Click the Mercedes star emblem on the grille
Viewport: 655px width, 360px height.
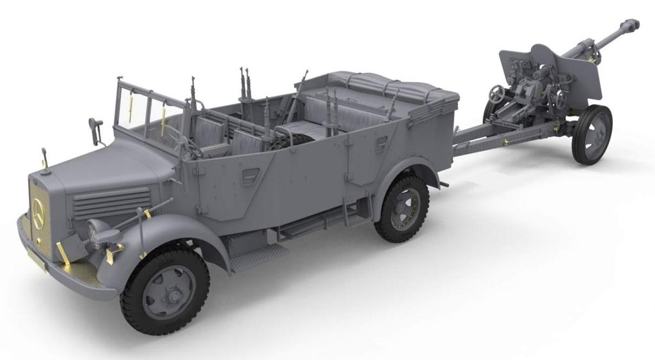tap(38, 209)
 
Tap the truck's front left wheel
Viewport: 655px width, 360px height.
tap(164, 290)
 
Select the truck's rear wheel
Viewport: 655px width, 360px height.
tap(401, 209)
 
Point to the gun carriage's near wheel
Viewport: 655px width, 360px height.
tap(591, 134)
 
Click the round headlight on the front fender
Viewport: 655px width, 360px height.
tap(98, 230)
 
